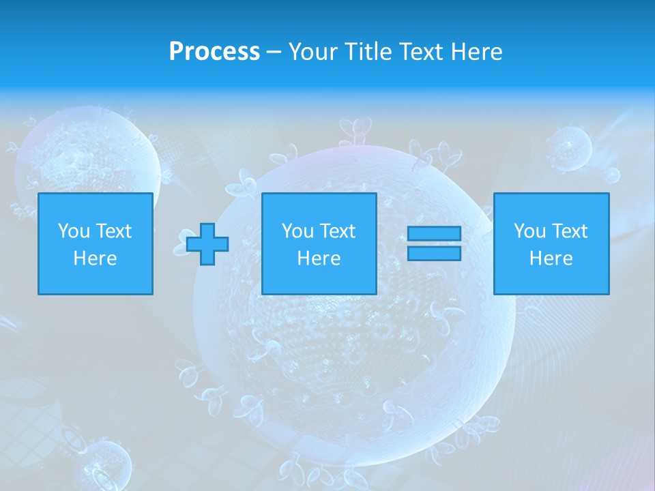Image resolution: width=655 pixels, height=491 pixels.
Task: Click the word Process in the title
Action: [214, 52]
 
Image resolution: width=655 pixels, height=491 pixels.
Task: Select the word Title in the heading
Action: [368, 52]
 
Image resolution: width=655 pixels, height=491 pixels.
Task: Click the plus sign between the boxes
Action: [207, 243]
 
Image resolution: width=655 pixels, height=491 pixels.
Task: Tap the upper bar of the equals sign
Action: [434, 234]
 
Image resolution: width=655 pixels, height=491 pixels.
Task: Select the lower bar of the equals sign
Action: [434, 254]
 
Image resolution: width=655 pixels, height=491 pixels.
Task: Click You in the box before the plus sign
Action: [73, 231]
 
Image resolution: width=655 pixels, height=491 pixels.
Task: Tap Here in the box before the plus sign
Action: [95, 258]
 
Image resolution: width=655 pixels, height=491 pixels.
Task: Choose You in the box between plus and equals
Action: [297, 231]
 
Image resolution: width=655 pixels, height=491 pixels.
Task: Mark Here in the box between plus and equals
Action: [319, 258]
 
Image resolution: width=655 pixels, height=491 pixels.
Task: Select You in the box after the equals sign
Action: [529, 231]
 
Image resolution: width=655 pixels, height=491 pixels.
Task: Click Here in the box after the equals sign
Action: [551, 258]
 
